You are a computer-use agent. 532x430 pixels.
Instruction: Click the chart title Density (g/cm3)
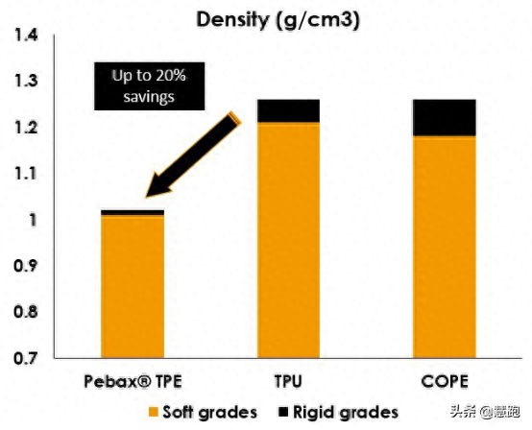tap(278, 20)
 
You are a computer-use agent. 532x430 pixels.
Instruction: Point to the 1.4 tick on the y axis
tap(26, 36)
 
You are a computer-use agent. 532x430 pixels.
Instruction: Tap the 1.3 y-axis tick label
tap(26, 81)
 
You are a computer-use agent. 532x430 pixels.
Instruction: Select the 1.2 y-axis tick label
tap(26, 128)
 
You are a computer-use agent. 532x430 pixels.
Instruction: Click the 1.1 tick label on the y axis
tap(26, 174)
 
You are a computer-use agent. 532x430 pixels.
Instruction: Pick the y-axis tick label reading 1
tap(33, 221)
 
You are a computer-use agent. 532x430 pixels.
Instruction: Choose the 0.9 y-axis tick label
tap(26, 266)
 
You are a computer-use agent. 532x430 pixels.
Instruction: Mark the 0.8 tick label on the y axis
tap(26, 312)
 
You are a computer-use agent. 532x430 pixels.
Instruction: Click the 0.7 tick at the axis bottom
tap(26, 358)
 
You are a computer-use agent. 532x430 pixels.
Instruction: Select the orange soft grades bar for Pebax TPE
tap(133, 287)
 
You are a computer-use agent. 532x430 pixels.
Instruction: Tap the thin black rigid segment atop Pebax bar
tap(133, 213)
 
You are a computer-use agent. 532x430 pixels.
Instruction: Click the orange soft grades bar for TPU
tap(288, 240)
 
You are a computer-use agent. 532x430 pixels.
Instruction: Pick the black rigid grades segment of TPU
tap(288, 111)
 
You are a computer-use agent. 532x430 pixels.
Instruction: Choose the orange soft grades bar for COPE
tap(444, 247)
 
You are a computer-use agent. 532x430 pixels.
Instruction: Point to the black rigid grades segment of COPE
tap(444, 118)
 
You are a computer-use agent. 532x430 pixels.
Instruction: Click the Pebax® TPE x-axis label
tap(133, 381)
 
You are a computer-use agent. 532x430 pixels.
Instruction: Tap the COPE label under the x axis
tap(445, 381)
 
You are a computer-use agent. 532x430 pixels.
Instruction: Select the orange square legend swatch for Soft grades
tap(154, 413)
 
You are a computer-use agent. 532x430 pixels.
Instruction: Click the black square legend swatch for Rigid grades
tap(283, 412)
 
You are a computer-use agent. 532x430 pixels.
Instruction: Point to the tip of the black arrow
tap(146, 197)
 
